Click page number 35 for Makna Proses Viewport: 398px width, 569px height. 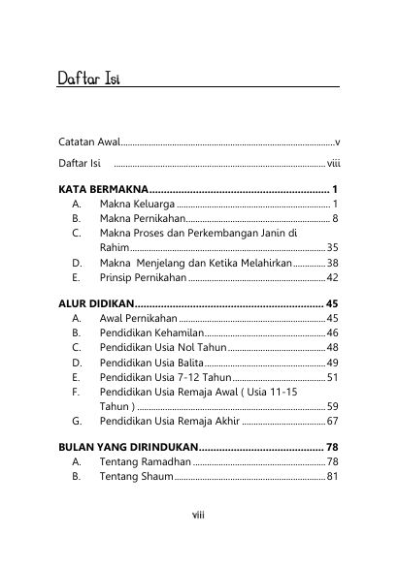click(332, 248)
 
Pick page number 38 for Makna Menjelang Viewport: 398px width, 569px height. click(332, 263)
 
